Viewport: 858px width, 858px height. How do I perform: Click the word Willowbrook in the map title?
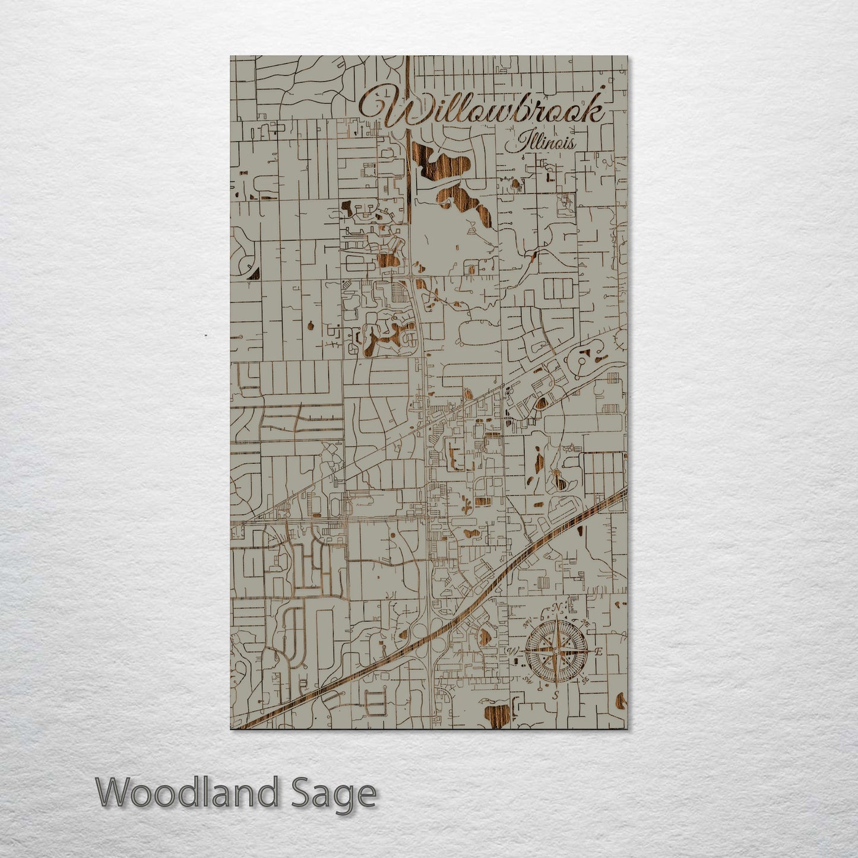pos(482,110)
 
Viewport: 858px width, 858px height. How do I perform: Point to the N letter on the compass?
pos(556,607)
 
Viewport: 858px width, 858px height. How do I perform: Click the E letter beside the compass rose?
pos(599,651)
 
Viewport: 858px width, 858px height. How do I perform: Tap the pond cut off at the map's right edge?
pos(622,701)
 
